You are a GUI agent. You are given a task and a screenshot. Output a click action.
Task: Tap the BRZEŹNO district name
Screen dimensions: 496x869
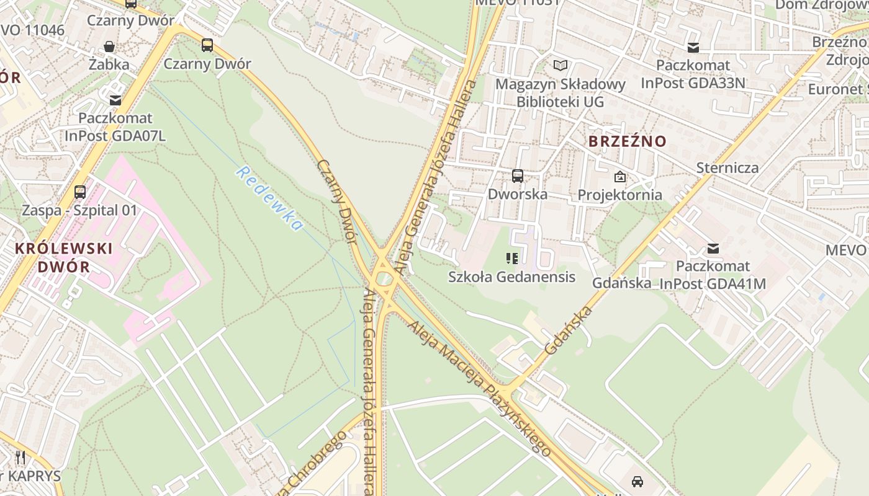pos(627,141)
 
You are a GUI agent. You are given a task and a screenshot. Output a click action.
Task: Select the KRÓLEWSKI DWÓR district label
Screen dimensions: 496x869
pos(63,258)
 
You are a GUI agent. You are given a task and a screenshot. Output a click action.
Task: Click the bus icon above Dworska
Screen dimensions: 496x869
pos(518,175)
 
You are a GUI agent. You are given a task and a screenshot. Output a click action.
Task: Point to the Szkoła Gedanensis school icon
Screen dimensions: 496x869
pos(512,259)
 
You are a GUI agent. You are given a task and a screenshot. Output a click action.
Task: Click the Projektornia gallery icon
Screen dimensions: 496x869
pos(619,177)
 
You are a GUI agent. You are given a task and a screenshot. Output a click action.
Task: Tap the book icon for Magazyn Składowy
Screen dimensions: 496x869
pos(561,65)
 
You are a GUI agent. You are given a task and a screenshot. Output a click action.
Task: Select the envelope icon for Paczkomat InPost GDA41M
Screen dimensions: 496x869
pos(713,249)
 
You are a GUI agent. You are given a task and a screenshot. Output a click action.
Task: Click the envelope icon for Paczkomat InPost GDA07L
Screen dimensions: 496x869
pos(115,100)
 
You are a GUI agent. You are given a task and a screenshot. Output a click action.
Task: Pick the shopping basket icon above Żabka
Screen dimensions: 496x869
pos(109,46)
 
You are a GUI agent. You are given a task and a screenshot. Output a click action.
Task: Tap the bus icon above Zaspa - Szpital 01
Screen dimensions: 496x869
pos(79,192)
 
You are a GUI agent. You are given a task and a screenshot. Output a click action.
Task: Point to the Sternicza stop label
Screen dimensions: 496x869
pos(727,167)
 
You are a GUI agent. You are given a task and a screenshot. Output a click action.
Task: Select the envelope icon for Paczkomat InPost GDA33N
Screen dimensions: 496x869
pos(693,48)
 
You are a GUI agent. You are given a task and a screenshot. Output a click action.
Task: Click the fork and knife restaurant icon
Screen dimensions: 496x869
pos(21,458)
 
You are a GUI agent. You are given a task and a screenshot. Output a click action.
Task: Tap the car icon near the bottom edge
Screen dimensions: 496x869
pos(637,481)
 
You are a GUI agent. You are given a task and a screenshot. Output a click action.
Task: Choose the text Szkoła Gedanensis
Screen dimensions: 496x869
pos(511,277)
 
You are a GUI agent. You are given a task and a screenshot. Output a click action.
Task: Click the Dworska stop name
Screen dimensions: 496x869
pos(518,194)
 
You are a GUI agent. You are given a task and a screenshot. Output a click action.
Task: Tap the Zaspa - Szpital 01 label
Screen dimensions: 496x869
pos(79,210)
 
